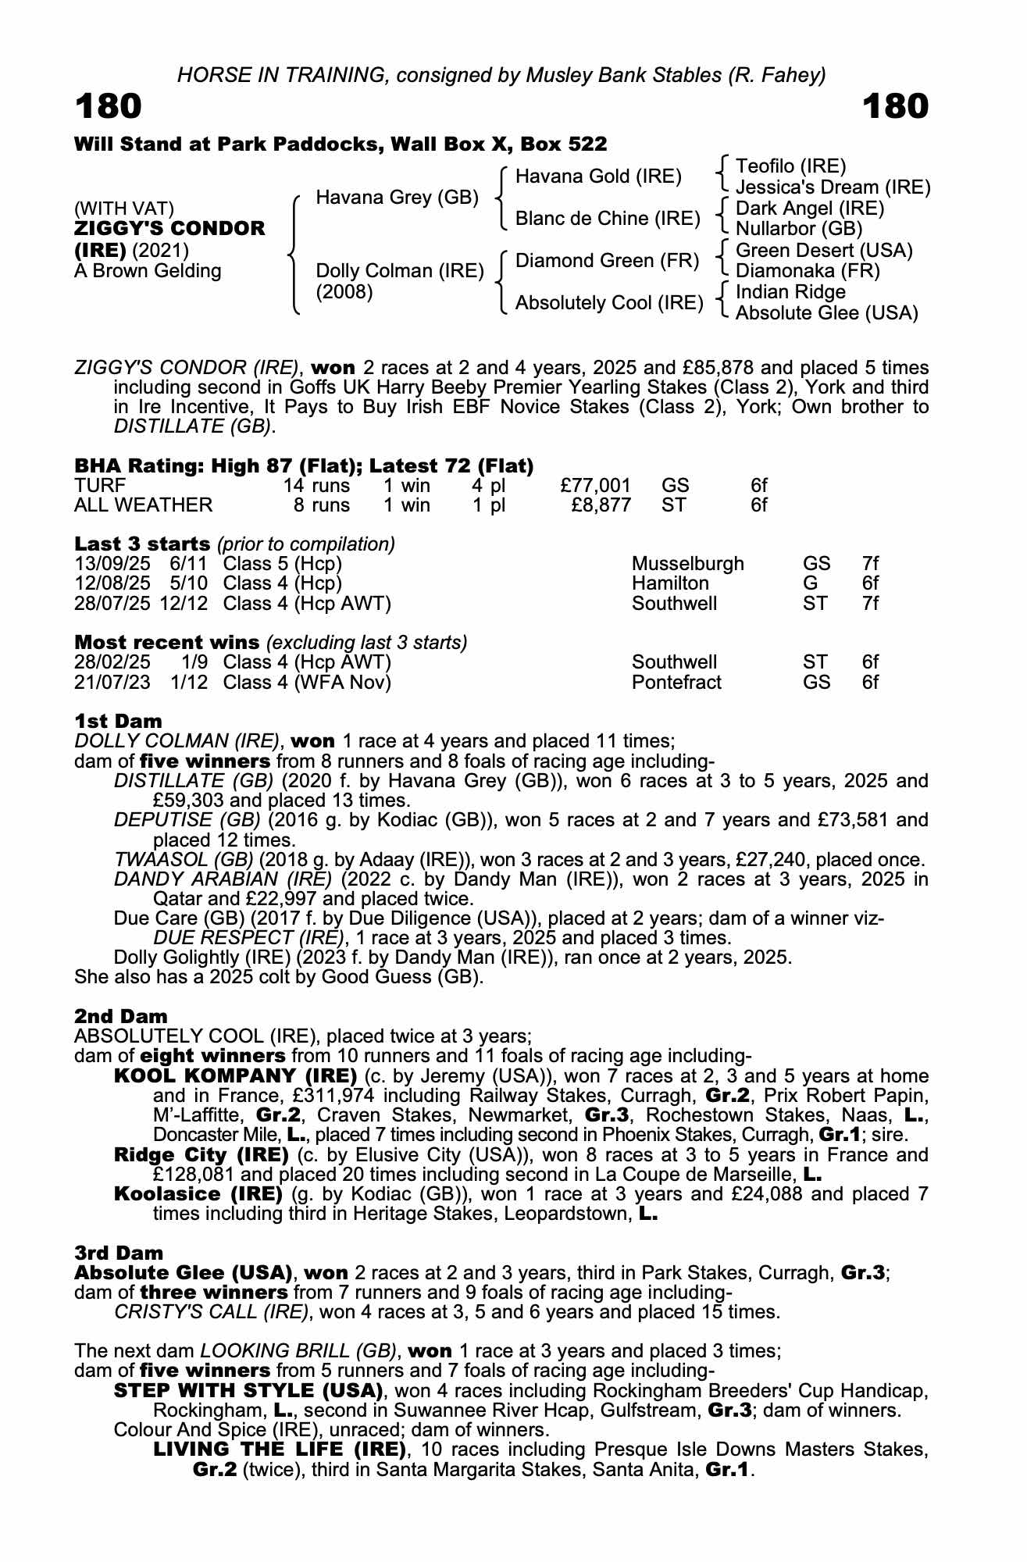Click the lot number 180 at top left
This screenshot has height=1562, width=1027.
coord(109,107)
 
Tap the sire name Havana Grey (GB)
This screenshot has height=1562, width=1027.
coord(397,198)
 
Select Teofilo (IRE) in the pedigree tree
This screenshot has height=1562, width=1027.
coord(791,166)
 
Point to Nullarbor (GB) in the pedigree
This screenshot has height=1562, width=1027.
coord(799,229)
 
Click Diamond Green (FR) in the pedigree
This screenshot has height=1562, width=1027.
coord(607,261)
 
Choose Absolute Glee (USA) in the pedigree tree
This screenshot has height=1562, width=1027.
coord(826,313)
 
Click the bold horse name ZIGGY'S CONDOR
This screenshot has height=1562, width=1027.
coord(169,229)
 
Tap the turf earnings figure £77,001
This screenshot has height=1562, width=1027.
coord(595,486)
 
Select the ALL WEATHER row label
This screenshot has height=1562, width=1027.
coord(143,505)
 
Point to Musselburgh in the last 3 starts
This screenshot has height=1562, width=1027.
coord(687,564)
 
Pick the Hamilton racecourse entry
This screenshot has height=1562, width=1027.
coord(670,583)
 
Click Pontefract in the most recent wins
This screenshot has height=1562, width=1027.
coord(676,683)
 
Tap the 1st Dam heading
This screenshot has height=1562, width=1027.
coord(118,721)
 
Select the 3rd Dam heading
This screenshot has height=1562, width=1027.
coord(119,1253)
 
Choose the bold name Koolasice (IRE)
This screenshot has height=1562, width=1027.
coord(198,1194)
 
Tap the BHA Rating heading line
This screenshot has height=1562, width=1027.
coord(304,466)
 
